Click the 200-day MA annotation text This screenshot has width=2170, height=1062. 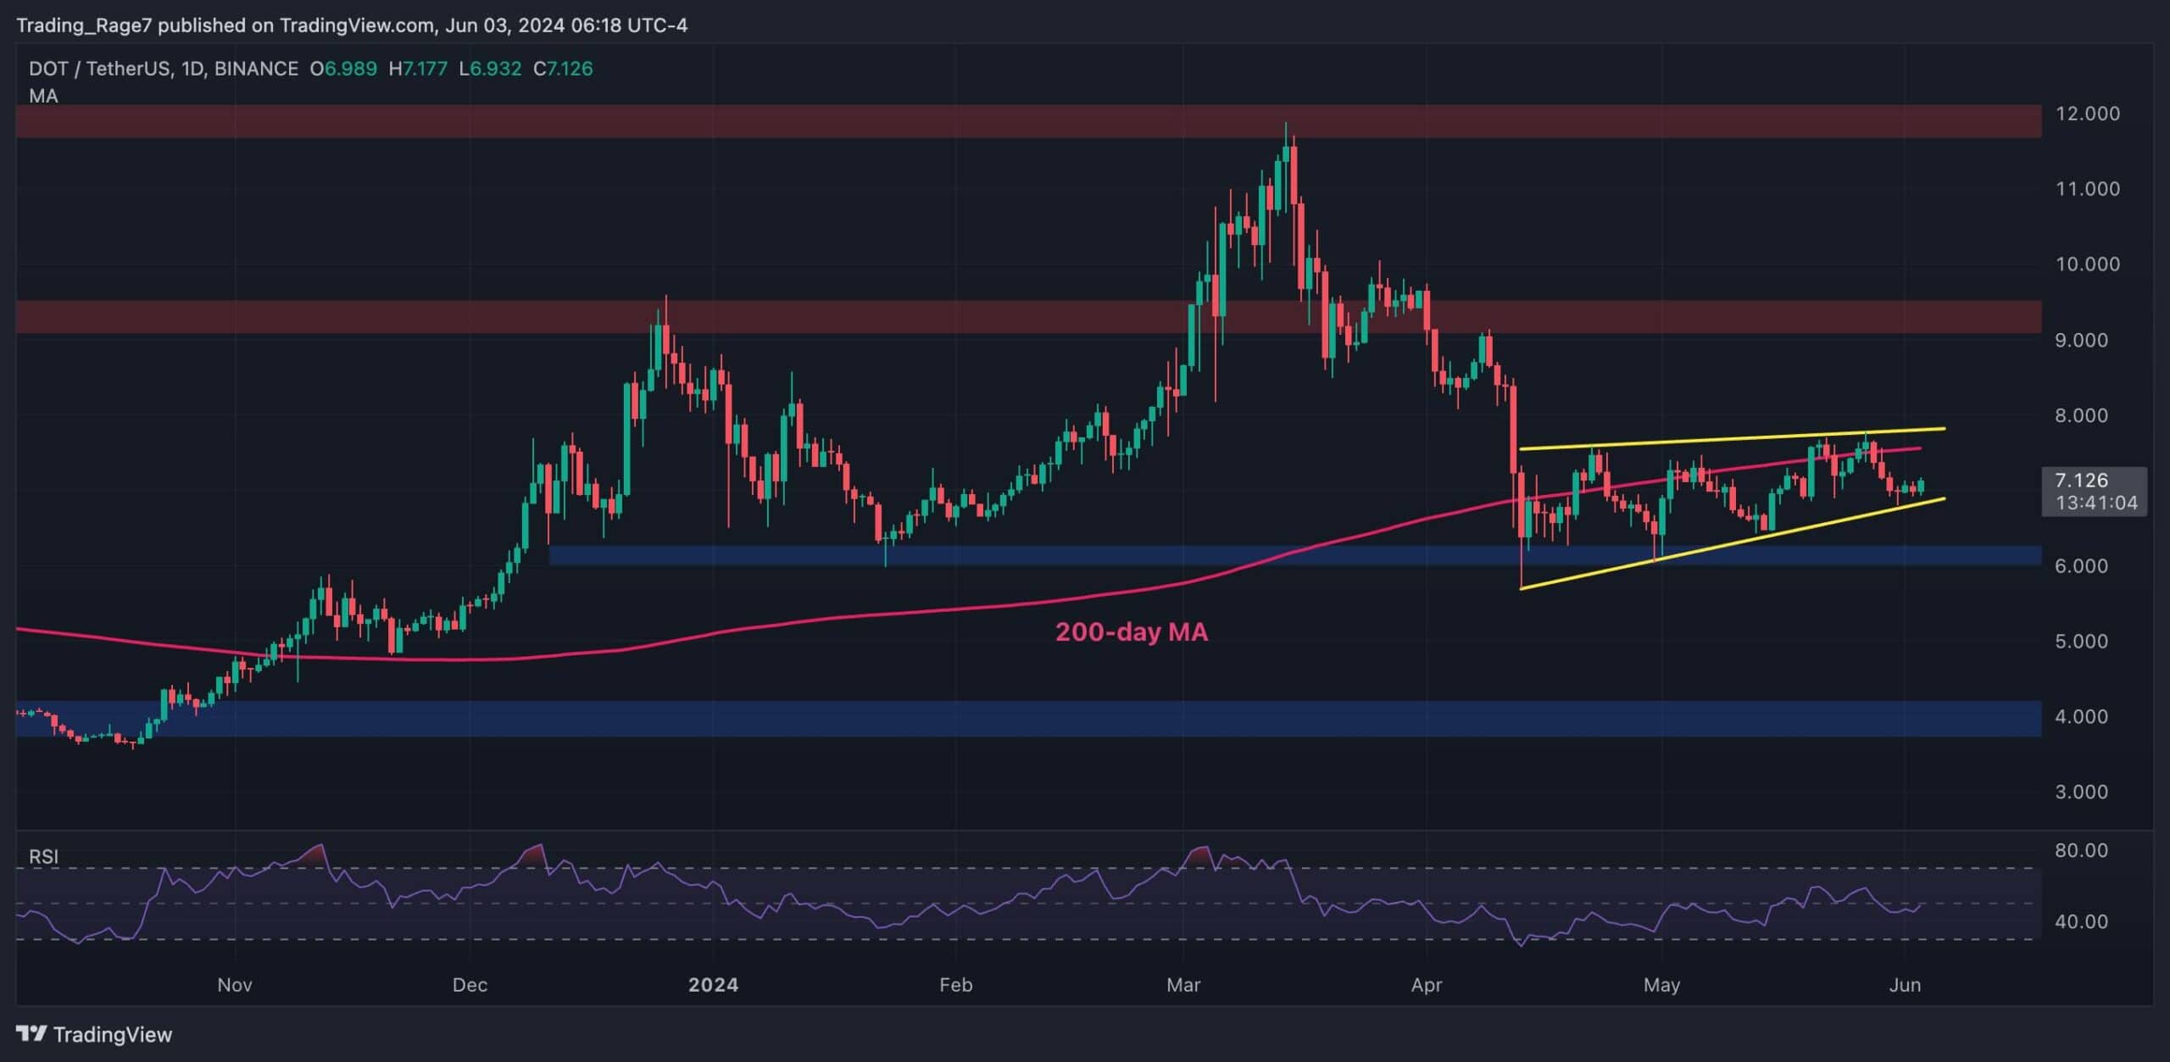pyautogui.click(x=1131, y=632)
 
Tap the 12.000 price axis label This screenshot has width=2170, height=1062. pyautogui.click(x=2087, y=114)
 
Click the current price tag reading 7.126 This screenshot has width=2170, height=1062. pyautogui.click(x=2081, y=481)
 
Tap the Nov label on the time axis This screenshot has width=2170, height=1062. pyautogui.click(x=235, y=985)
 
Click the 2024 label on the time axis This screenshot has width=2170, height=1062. pyautogui.click(x=713, y=985)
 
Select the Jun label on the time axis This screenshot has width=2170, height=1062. pyautogui.click(x=1905, y=985)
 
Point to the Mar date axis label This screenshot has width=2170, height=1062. pyautogui.click(x=1183, y=985)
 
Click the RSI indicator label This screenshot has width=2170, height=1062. pyautogui.click(x=44, y=857)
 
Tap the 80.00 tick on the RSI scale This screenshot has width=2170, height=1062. pyautogui.click(x=2081, y=850)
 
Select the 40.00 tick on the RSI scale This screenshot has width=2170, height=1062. pyautogui.click(x=2081, y=921)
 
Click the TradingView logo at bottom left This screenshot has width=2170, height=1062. pyautogui.click(x=94, y=1034)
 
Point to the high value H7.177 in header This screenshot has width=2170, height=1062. pyautogui.click(x=418, y=69)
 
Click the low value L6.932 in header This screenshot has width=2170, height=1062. pyautogui.click(x=490, y=69)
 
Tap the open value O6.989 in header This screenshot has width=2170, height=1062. pyautogui.click(x=343, y=69)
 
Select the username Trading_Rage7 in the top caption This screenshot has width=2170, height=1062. pyautogui.click(x=84, y=25)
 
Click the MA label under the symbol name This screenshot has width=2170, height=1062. pyautogui.click(x=43, y=97)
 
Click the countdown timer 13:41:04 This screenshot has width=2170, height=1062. pyautogui.click(x=2096, y=503)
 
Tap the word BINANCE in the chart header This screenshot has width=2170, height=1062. pyautogui.click(x=256, y=69)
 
